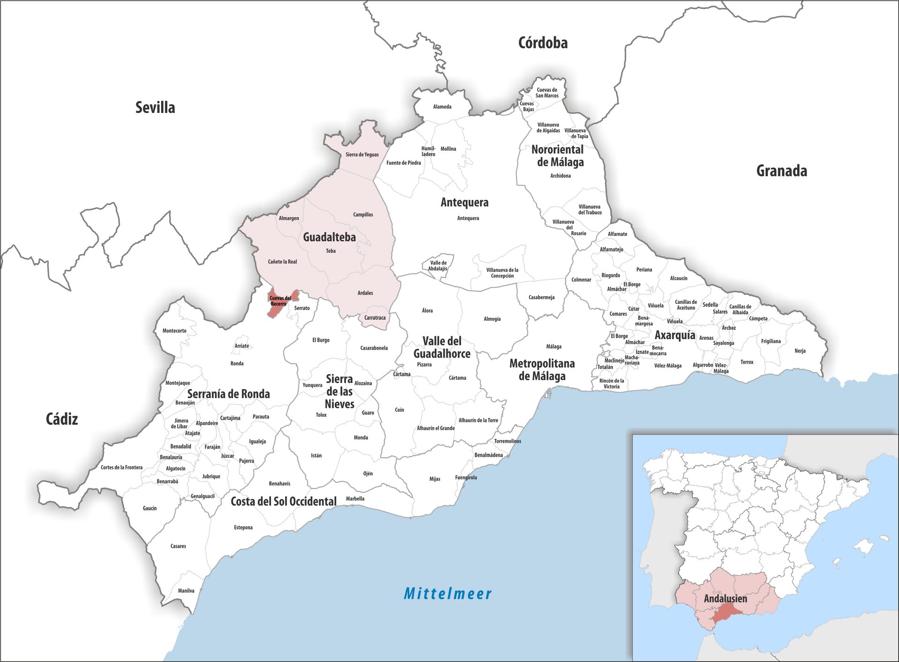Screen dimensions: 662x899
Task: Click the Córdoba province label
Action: coord(543,43)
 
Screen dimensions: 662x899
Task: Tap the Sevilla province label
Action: coord(155,108)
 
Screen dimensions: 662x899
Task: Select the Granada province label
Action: coord(781,171)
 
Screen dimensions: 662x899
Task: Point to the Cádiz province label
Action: coord(62,419)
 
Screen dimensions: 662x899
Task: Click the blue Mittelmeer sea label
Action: coord(448,594)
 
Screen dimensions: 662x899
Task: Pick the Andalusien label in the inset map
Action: coord(725,599)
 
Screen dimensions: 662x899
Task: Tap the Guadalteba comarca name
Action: coord(329,237)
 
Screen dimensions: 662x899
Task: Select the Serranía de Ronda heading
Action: coord(228,394)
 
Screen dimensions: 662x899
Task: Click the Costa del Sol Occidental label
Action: coord(283,501)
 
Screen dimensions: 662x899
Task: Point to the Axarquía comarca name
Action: coord(675,335)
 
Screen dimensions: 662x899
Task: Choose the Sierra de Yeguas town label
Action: coord(362,154)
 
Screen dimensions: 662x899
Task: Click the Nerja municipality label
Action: coord(800,351)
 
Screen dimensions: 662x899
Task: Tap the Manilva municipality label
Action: coord(186,590)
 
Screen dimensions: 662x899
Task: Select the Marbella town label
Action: coord(355,499)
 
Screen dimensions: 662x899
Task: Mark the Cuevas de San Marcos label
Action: coord(547,93)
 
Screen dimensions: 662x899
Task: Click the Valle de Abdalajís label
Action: coord(438,265)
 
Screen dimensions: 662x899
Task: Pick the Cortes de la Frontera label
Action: coord(121,467)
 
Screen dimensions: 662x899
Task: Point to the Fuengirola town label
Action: coord(466,478)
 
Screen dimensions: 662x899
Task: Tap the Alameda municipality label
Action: coord(442,107)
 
